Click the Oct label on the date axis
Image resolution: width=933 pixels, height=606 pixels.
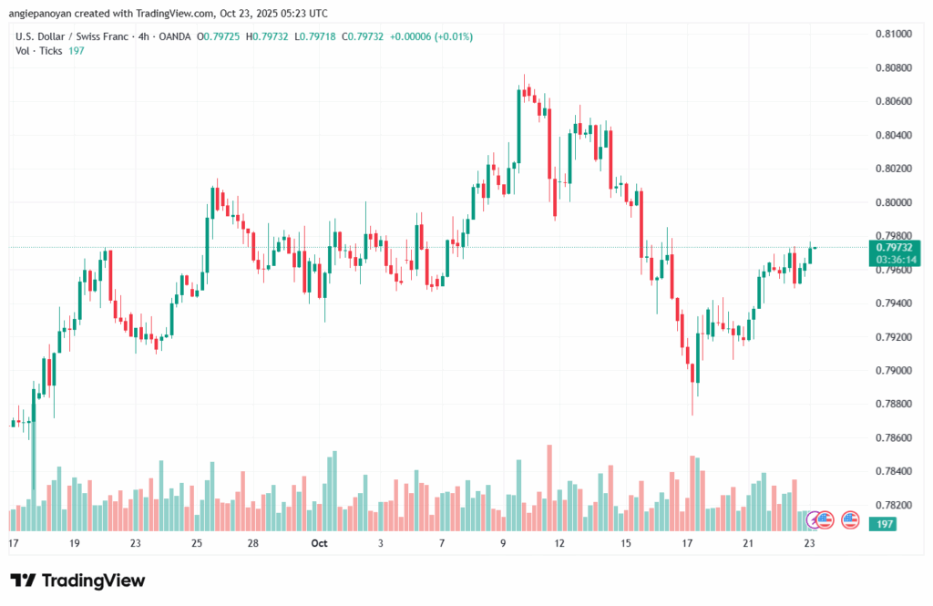(319, 543)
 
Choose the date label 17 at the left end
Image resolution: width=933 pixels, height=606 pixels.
(13, 543)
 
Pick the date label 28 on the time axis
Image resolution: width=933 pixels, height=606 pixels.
(253, 543)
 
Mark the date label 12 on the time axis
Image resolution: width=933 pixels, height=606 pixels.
(559, 543)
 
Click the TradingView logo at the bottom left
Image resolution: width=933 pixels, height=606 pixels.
(77, 580)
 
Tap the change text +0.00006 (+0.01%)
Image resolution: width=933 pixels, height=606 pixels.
(431, 36)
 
